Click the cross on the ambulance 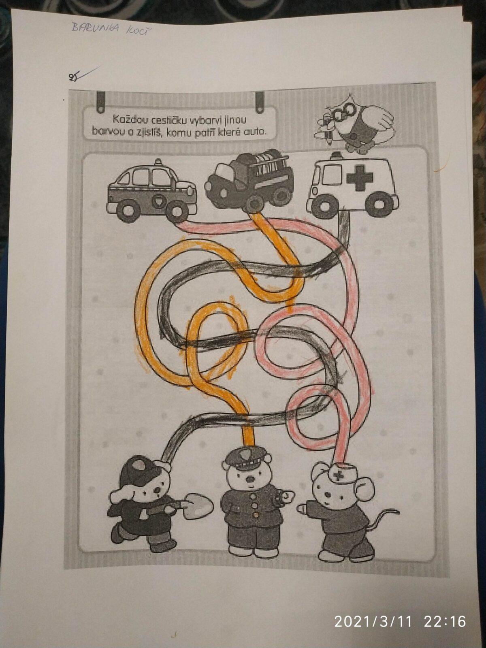coord(357,180)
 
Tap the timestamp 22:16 coord(444,621)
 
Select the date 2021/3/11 coord(373,621)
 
